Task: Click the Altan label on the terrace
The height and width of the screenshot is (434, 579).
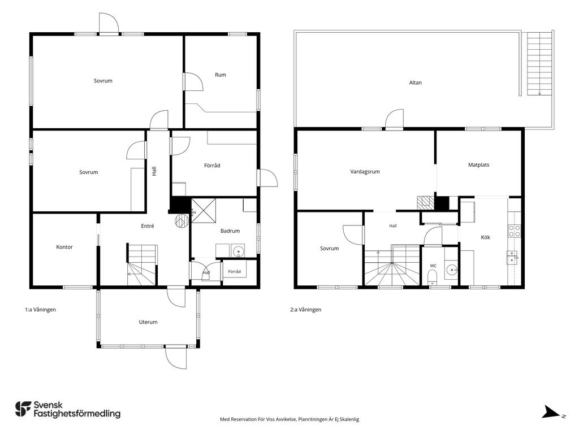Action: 415,83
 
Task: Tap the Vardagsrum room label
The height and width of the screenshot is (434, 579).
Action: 365,172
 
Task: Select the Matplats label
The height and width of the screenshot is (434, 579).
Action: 478,165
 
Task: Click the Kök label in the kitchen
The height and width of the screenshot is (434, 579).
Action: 485,237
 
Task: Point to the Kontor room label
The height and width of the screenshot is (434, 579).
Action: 64,247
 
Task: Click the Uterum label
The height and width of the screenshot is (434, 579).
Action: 148,322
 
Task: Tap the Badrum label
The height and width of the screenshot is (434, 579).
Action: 230,231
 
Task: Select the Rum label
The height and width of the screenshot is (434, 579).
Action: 221,75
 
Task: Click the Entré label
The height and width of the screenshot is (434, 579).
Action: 148,226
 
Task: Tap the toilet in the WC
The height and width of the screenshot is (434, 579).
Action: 432,276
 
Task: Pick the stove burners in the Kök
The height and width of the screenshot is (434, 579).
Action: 515,231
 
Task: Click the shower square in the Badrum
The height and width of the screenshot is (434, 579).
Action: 204,211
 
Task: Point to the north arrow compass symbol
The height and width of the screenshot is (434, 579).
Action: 551,412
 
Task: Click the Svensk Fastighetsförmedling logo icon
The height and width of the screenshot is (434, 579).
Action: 23,409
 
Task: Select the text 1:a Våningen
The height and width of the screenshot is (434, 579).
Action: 40,310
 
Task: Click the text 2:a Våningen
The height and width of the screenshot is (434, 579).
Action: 306,310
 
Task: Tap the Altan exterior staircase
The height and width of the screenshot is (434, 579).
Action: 539,64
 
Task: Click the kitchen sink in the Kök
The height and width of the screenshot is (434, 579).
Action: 512,258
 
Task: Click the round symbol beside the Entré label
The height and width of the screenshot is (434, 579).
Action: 182,221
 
